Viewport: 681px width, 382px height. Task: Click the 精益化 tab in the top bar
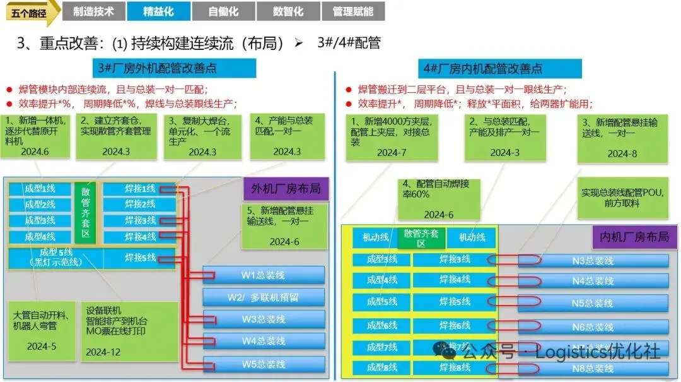(x=158, y=11)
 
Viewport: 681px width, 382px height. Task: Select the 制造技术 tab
(x=93, y=11)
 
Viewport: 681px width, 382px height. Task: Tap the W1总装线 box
(x=264, y=275)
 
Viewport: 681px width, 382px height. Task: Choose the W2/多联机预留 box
(x=264, y=297)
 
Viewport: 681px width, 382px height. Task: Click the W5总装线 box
(x=264, y=364)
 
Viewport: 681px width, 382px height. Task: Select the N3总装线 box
(x=593, y=260)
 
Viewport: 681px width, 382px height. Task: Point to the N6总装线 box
(x=593, y=327)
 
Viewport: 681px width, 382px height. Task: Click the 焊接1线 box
(x=140, y=188)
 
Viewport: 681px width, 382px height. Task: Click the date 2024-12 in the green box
(x=103, y=352)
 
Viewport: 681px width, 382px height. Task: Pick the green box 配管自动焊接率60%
(x=438, y=198)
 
